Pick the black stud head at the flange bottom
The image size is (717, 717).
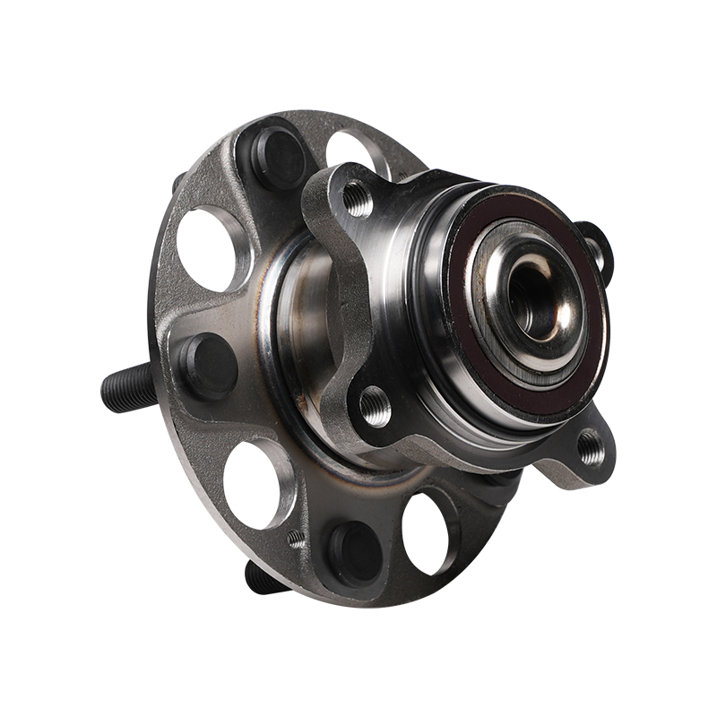coord(352,549)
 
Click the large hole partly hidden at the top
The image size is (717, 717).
coord(351,149)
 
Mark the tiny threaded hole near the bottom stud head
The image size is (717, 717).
coord(296,539)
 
